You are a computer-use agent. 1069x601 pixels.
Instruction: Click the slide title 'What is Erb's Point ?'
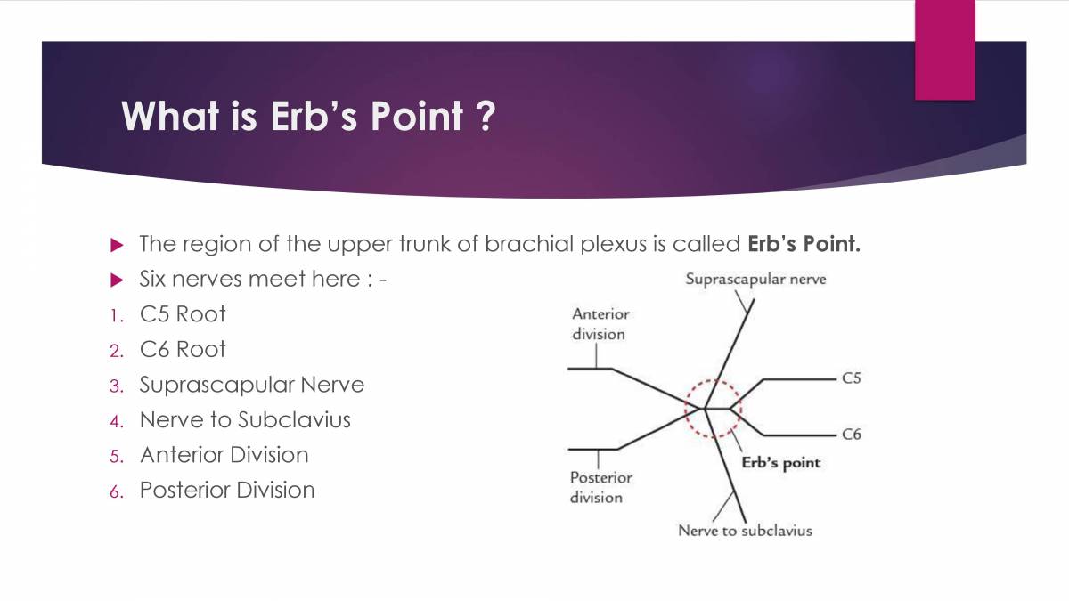pyautogui.click(x=307, y=116)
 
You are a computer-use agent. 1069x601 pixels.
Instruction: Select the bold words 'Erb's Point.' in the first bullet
pyautogui.click(x=804, y=244)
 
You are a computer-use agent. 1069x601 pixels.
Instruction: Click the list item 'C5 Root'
pyautogui.click(x=183, y=314)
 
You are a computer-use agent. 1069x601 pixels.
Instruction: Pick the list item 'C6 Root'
pyautogui.click(x=183, y=349)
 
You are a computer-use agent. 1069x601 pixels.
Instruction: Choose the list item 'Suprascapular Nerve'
pyautogui.click(x=251, y=385)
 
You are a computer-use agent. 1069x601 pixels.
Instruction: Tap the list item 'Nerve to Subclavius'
pyautogui.click(x=245, y=419)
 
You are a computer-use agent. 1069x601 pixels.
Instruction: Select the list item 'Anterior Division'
pyautogui.click(x=224, y=455)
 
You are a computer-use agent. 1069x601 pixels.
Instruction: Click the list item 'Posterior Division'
pyautogui.click(x=226, y=490)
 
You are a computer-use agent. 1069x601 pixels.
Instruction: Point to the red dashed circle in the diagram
pyautogui.click(x=712, y=409)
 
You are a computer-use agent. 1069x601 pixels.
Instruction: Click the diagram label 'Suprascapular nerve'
pyautogui.click(x=755, y=280)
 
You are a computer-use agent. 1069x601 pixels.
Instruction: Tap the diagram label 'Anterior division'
pyautogui.click(x=600, y=324)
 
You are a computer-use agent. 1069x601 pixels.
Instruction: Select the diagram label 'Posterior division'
pyautogui.click(x=600, y=487)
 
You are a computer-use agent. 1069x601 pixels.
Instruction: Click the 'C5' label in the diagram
pyautogui.click(x=851, y=378)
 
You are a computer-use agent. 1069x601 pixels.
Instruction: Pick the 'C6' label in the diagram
pyautogui.click(x=851, y=435)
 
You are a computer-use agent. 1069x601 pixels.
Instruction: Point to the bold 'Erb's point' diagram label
pyautogui.click(x=780, y=463)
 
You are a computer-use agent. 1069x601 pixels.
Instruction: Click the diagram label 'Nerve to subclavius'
pyautogui.click(x=745, y=531)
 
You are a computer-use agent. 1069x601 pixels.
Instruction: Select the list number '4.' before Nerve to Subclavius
pyautogui.click(x=116, y=420)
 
